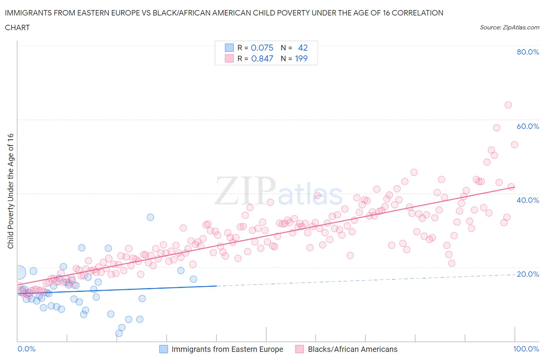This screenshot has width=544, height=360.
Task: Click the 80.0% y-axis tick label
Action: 528,52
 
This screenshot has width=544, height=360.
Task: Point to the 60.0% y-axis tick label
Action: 528,126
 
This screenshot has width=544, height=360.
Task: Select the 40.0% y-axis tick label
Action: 528,200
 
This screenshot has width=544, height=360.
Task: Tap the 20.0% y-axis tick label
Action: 528,274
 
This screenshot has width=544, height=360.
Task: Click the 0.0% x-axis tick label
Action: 26,349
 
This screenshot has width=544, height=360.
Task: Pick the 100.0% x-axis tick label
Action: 526,349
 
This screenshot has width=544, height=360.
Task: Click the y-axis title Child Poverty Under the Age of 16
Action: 10,191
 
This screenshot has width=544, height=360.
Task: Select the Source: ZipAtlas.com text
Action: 509,27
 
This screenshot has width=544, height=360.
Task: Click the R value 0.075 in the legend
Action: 262,48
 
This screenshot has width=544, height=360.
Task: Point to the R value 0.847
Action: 262,58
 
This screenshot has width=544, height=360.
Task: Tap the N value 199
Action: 301,58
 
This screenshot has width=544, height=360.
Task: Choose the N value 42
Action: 303,48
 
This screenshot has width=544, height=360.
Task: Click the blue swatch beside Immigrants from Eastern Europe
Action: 164,349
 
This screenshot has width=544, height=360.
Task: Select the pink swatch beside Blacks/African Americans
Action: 299,349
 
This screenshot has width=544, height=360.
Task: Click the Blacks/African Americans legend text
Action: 352,349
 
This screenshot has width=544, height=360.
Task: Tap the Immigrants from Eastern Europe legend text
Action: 227,349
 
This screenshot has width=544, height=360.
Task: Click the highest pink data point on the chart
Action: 508,105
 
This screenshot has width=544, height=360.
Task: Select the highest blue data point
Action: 150,217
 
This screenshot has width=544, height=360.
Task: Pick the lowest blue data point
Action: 119,333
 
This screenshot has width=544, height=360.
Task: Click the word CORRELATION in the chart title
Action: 417,13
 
